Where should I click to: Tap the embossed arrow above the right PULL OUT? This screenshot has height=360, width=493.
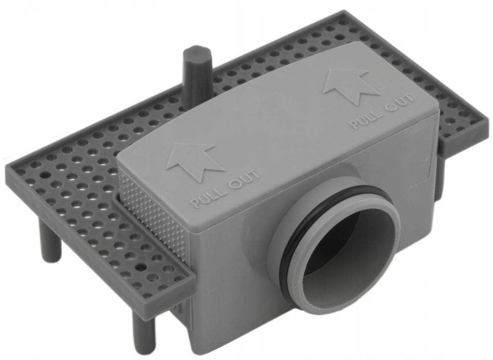pyautogui.click(x=350, y=85)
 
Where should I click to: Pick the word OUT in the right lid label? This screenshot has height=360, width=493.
pyautogui.click(x=401, y=103)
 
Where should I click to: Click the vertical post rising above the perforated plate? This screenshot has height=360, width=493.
pyautogui.click(x=196, y=72)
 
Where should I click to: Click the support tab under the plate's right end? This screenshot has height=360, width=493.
pyautogui.click(x=439, y=178)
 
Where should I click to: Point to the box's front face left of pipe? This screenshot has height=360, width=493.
pyautogui.click(x=231, y=280)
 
